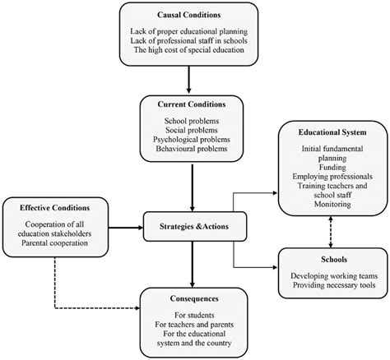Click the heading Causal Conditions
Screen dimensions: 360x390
coord(191,16)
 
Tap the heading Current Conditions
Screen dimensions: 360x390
coord(191,106)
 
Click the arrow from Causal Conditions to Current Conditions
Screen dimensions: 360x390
coord(191,79)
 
